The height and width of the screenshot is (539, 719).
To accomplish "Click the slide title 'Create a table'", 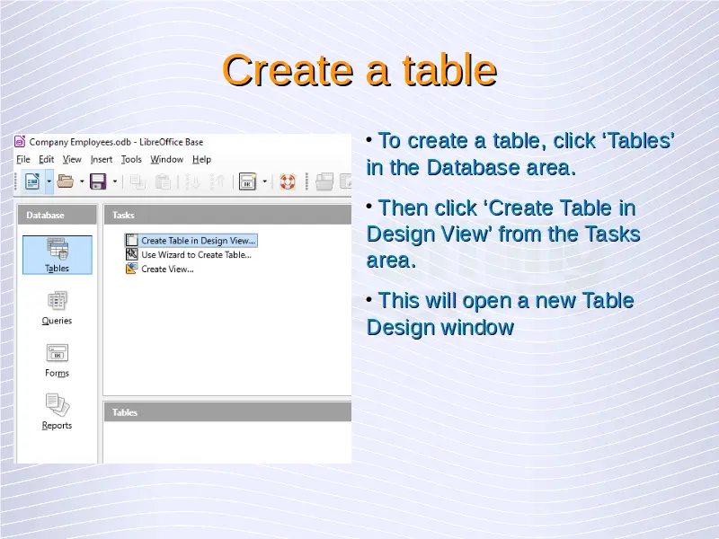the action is coord(359,70).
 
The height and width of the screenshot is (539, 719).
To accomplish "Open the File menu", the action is coord(23,160).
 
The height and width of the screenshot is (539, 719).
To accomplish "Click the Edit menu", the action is coord(47,160).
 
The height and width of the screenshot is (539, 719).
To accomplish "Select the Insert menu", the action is coord(102,160).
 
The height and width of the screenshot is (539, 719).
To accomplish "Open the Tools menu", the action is coord(131,160).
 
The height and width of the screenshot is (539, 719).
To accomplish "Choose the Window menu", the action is coord(167,160).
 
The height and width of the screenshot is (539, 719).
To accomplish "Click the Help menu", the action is coord(201,160).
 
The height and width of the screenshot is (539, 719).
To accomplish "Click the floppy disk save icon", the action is coord(98,181).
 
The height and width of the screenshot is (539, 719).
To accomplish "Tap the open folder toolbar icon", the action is coord(65,181).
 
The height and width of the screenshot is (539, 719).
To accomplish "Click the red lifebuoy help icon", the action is coord(288,181).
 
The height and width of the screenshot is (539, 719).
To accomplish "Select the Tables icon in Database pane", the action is coord(58,255).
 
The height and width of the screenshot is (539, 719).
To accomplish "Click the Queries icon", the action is coord(57,308).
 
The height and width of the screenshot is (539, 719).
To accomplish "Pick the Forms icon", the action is coord(57,361).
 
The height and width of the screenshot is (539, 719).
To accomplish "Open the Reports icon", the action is coord(57,412).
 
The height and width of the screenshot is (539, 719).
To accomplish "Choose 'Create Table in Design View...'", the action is coord(191,241).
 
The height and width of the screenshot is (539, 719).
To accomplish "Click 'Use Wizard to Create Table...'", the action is coord(189,255).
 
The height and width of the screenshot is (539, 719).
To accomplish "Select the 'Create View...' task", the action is coord(160,269).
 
